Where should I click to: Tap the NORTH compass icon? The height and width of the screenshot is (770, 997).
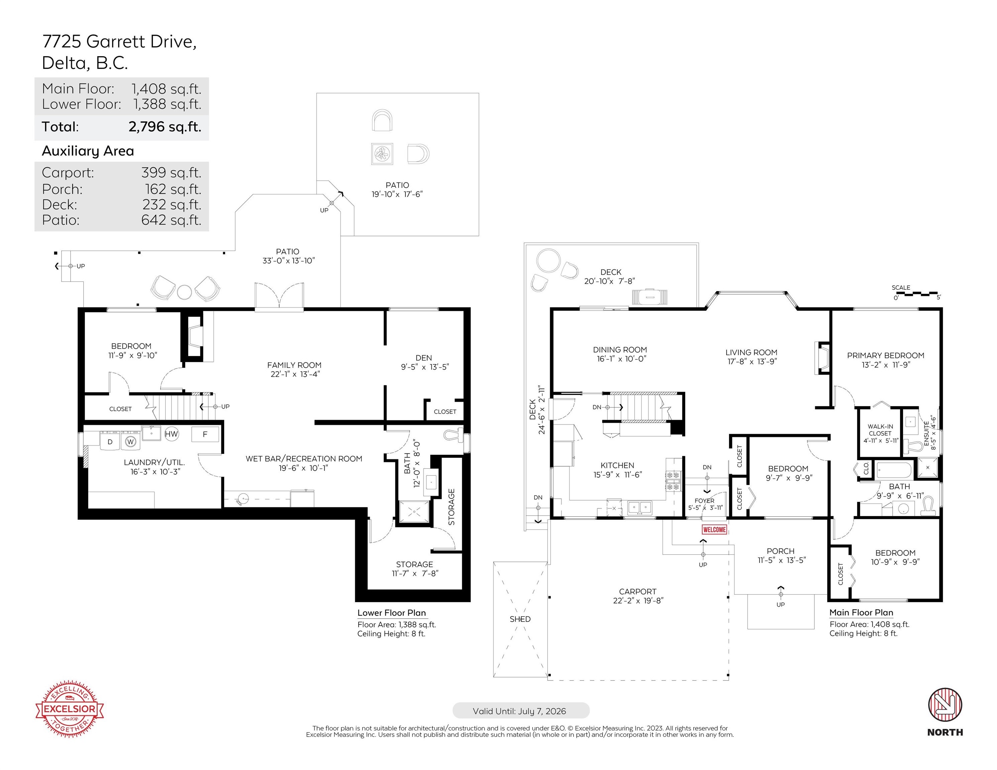(944, 705)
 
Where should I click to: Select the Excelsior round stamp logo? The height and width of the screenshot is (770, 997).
(69, 709)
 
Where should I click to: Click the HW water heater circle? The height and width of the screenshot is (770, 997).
(171, 434)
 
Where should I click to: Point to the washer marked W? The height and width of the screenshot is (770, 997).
(130, 441)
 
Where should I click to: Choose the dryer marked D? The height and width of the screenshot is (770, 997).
(110, 441)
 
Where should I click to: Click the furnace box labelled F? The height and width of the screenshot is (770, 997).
(205, 434)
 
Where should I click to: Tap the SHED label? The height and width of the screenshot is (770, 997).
(520, 619)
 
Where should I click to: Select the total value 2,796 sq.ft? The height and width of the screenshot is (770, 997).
(165, 126)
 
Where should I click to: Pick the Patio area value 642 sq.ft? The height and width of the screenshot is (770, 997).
(171, 220)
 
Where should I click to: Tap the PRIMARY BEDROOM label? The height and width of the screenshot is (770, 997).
(885, 355)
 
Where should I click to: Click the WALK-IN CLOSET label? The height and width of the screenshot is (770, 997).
(880, 430)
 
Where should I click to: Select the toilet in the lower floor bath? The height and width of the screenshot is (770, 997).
(454, 435)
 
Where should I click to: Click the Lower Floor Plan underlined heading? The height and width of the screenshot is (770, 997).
(391, 613)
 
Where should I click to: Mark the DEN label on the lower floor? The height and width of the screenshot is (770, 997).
(424, 358)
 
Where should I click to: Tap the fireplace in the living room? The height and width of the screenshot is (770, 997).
(822, 358)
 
